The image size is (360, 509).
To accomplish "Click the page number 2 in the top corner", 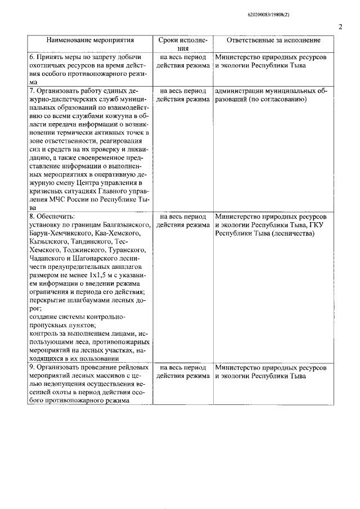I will click(341, 26).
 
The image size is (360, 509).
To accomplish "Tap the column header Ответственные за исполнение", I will click(274, 41).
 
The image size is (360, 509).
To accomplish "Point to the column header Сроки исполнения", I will click(182, 44).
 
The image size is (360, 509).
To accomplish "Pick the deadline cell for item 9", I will click(182, 372).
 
